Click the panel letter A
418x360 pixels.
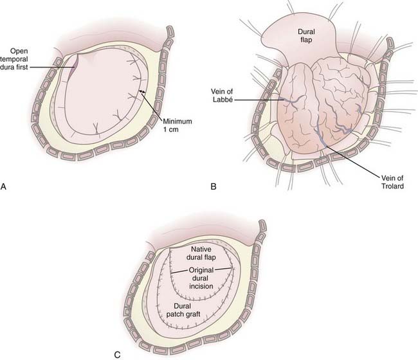click(5, 188)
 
